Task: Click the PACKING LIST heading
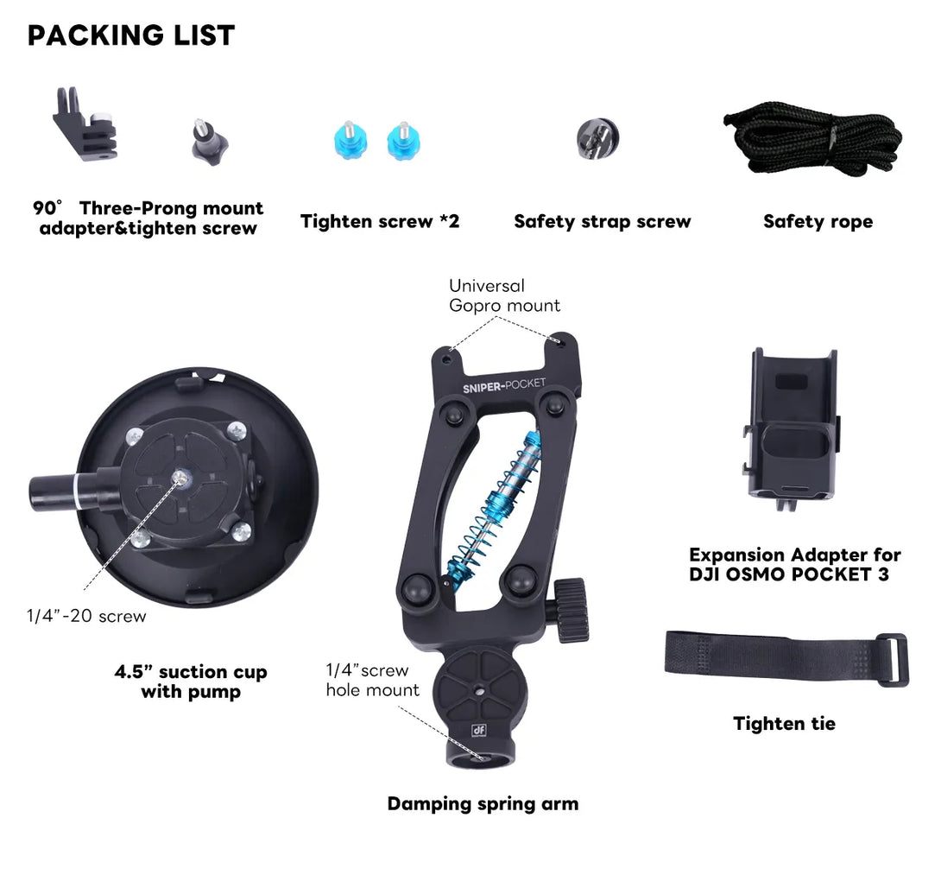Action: (x=131, y=35)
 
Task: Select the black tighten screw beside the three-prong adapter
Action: (x=210, y=143)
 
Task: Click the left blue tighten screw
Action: (x=351, y=141)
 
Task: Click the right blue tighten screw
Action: (x=403, y=141)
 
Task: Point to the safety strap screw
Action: (x=597, y=139)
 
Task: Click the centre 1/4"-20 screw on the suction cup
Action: (x=180, y=478)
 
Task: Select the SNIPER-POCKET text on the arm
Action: (x=504, y=385)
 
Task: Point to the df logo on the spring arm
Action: (x=478, y=730)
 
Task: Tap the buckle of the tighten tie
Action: (x=894, y=660)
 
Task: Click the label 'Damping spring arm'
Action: (x=483, y=803)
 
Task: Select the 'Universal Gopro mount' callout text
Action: (x=504, y=295)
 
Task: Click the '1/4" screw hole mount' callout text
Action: (x=372, y=680)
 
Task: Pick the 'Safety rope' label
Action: (x=818, y=222)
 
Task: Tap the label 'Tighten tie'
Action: (x=785, y=724)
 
